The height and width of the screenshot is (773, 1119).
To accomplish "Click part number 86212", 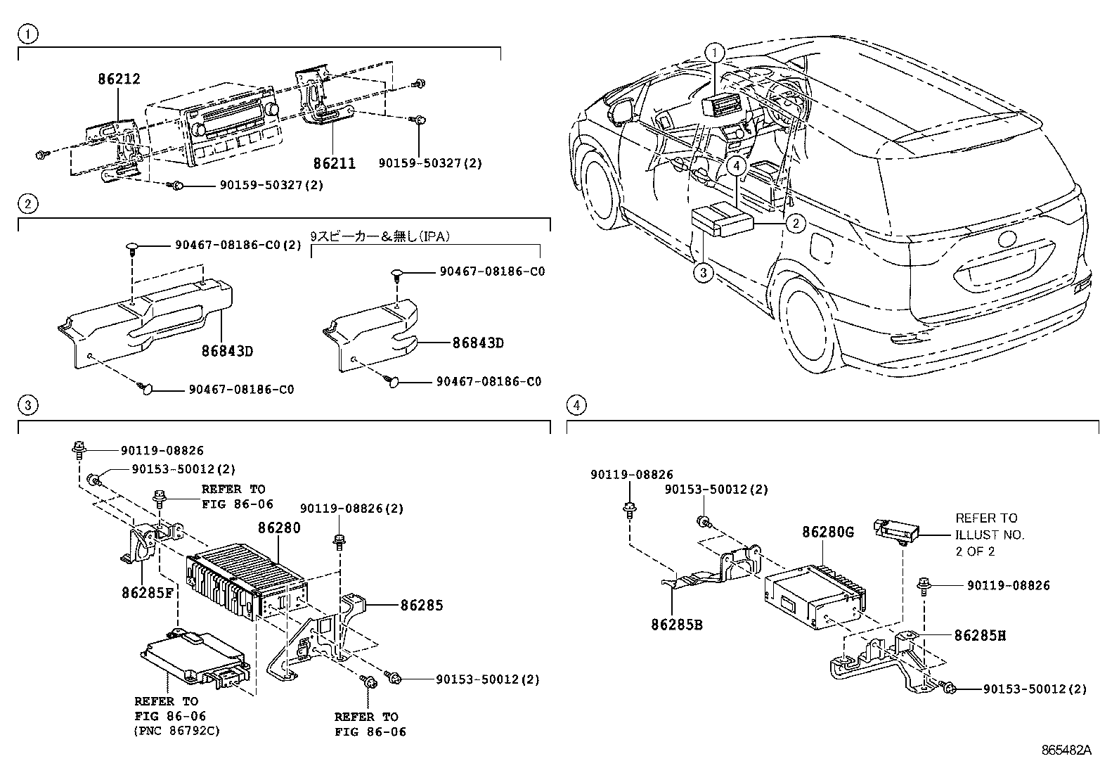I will [119, 80].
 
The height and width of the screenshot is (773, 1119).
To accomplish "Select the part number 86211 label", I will [334, 163].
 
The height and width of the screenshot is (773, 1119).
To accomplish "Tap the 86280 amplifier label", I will [279, 528].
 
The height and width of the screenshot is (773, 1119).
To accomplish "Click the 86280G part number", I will [828, 532].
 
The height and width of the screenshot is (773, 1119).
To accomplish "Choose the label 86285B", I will [677, 625].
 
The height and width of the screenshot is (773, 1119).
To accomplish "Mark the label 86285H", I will [980, 636].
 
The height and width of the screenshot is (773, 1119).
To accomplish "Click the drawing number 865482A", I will [1066, 750].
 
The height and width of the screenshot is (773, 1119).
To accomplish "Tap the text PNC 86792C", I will [176, 731].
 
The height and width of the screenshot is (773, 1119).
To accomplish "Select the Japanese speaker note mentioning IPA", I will [379, 238].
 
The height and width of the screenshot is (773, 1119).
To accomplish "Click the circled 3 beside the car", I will [704, 273].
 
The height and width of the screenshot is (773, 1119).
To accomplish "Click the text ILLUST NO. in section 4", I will [990, 535].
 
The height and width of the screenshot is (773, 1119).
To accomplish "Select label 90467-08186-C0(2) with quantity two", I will [238, 245].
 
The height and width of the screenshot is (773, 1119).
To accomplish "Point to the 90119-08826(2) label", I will [351, 509].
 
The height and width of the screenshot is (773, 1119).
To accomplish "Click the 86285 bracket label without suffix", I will [422, 605].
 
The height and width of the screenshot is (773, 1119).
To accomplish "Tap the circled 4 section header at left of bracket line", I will [576, 405].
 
